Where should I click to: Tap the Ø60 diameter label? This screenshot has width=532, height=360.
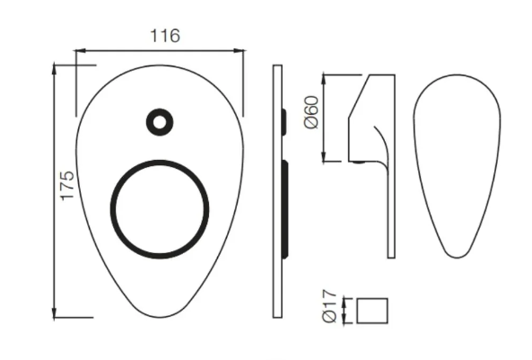click(311, 112)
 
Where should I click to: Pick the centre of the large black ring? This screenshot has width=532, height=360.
click(160, 208)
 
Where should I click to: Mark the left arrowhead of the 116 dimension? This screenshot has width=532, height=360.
click(77, 51)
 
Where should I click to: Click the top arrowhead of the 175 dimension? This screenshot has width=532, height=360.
click(57, 67)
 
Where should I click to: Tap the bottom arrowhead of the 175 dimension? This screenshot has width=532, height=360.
click(57, 313)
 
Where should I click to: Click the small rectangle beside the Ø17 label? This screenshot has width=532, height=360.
click(372, 311)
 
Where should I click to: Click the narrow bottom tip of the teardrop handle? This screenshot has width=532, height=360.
click(458, 256)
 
